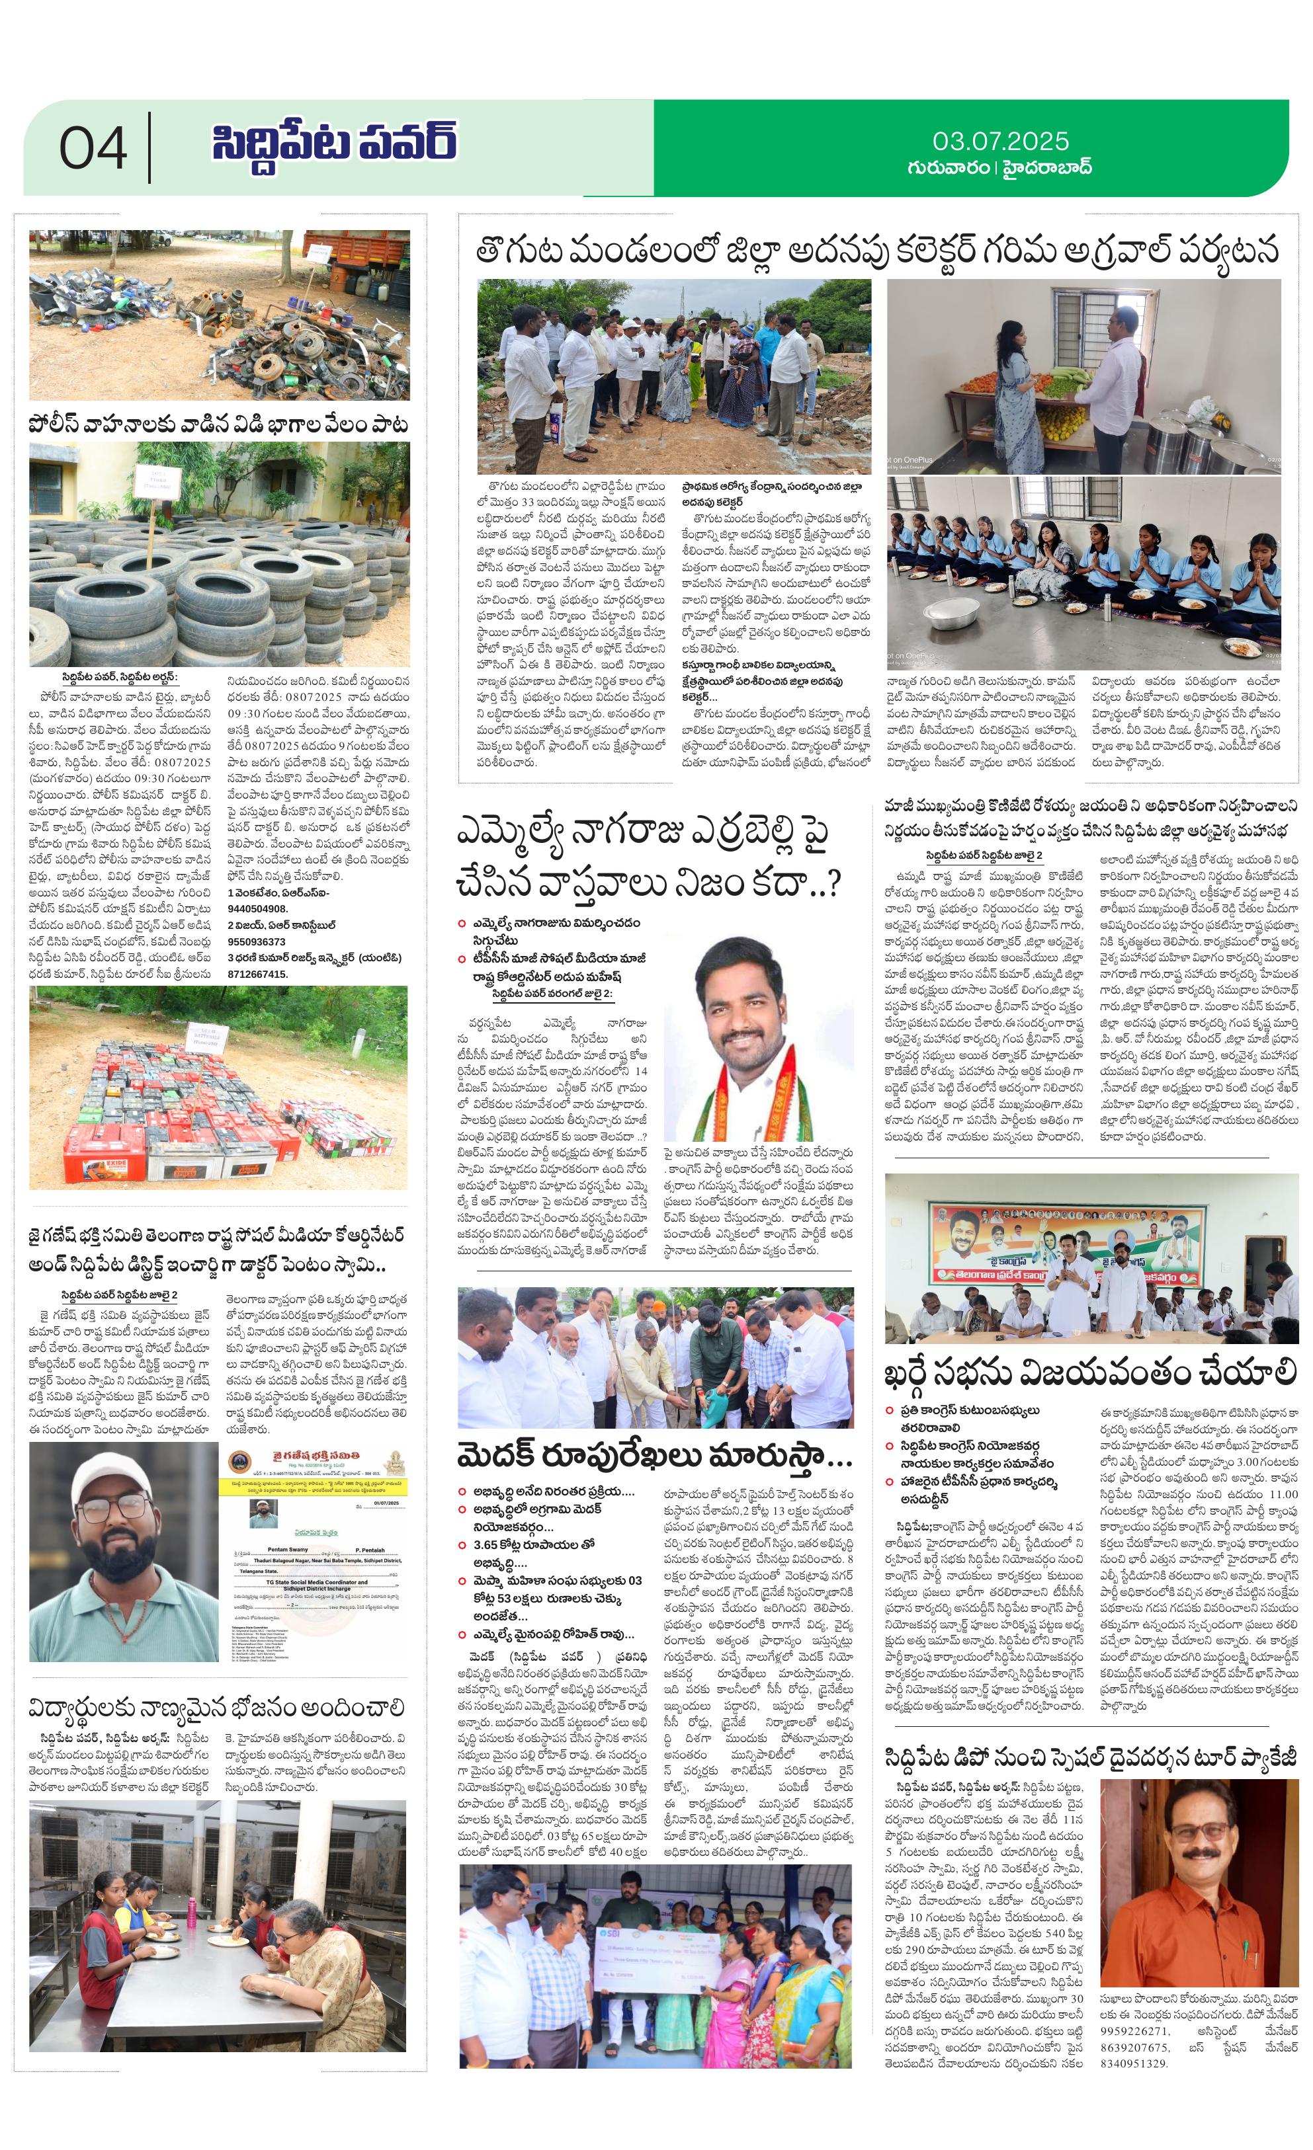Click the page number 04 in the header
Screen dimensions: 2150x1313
pos(93,147)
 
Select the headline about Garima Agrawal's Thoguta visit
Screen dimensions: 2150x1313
pos(877,251)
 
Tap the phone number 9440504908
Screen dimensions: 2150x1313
pos(257,908)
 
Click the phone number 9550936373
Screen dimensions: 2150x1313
pos(257,941)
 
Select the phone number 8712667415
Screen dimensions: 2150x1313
pos(257,974)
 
